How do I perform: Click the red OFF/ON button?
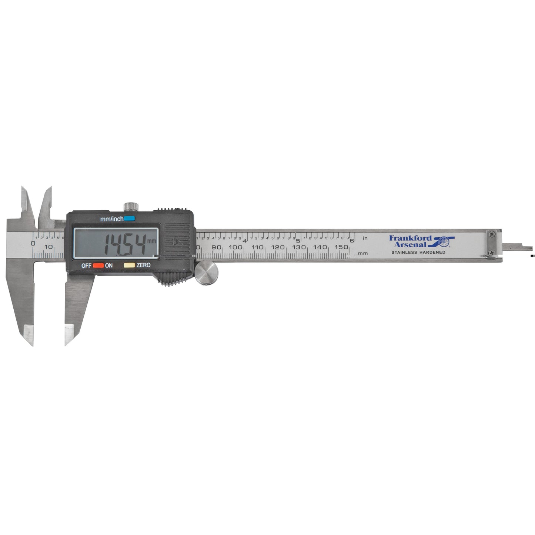98,265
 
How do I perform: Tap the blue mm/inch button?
129,218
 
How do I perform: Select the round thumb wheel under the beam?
206,273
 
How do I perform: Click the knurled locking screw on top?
131,206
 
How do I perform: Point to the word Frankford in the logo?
410,238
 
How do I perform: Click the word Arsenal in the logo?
412,244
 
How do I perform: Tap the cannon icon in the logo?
443,241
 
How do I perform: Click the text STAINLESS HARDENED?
418,253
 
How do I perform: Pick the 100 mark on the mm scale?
235,247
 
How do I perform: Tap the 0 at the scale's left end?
33,243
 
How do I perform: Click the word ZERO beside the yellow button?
144,265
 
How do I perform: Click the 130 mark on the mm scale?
299,247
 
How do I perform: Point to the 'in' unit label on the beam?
365,238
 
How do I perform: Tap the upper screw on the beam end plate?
492,234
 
